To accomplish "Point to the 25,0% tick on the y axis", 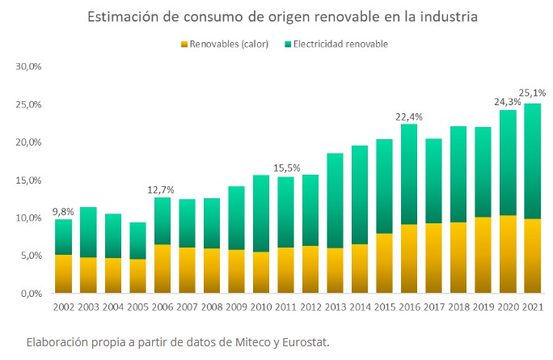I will [28, 104].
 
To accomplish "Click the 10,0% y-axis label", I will [28, 218].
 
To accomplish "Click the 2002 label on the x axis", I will [64, 308].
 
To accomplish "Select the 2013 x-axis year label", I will [336, 308].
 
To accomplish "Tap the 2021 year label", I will [534, 308].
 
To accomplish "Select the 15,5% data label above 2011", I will [286, 168].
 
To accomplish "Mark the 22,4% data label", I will [410, 116].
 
